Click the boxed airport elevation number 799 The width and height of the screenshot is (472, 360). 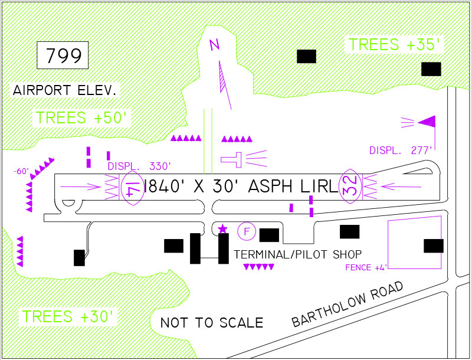click(x=64, y=56)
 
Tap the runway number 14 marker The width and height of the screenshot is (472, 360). click(x=132, y=188)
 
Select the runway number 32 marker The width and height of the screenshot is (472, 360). click(x=350, y=186)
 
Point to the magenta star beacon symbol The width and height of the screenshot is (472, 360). click(x=222, y=229)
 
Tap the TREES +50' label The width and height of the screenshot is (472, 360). click(x=81, y=117)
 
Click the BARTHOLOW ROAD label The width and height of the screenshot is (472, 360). click(x=348, y=304)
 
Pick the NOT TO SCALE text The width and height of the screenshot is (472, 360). click(x=212, y=323)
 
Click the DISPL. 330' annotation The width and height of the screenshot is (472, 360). click(x=139, y=166)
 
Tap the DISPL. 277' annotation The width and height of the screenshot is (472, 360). click(x=401, y=150)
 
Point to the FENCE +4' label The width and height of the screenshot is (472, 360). click(x=366, y=268)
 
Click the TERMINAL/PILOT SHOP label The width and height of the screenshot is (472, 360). click(x=297, y=254)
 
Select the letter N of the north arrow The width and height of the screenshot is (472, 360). click(x=215, y=44)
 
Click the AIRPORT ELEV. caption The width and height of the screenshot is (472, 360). click(x=65, y=90)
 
